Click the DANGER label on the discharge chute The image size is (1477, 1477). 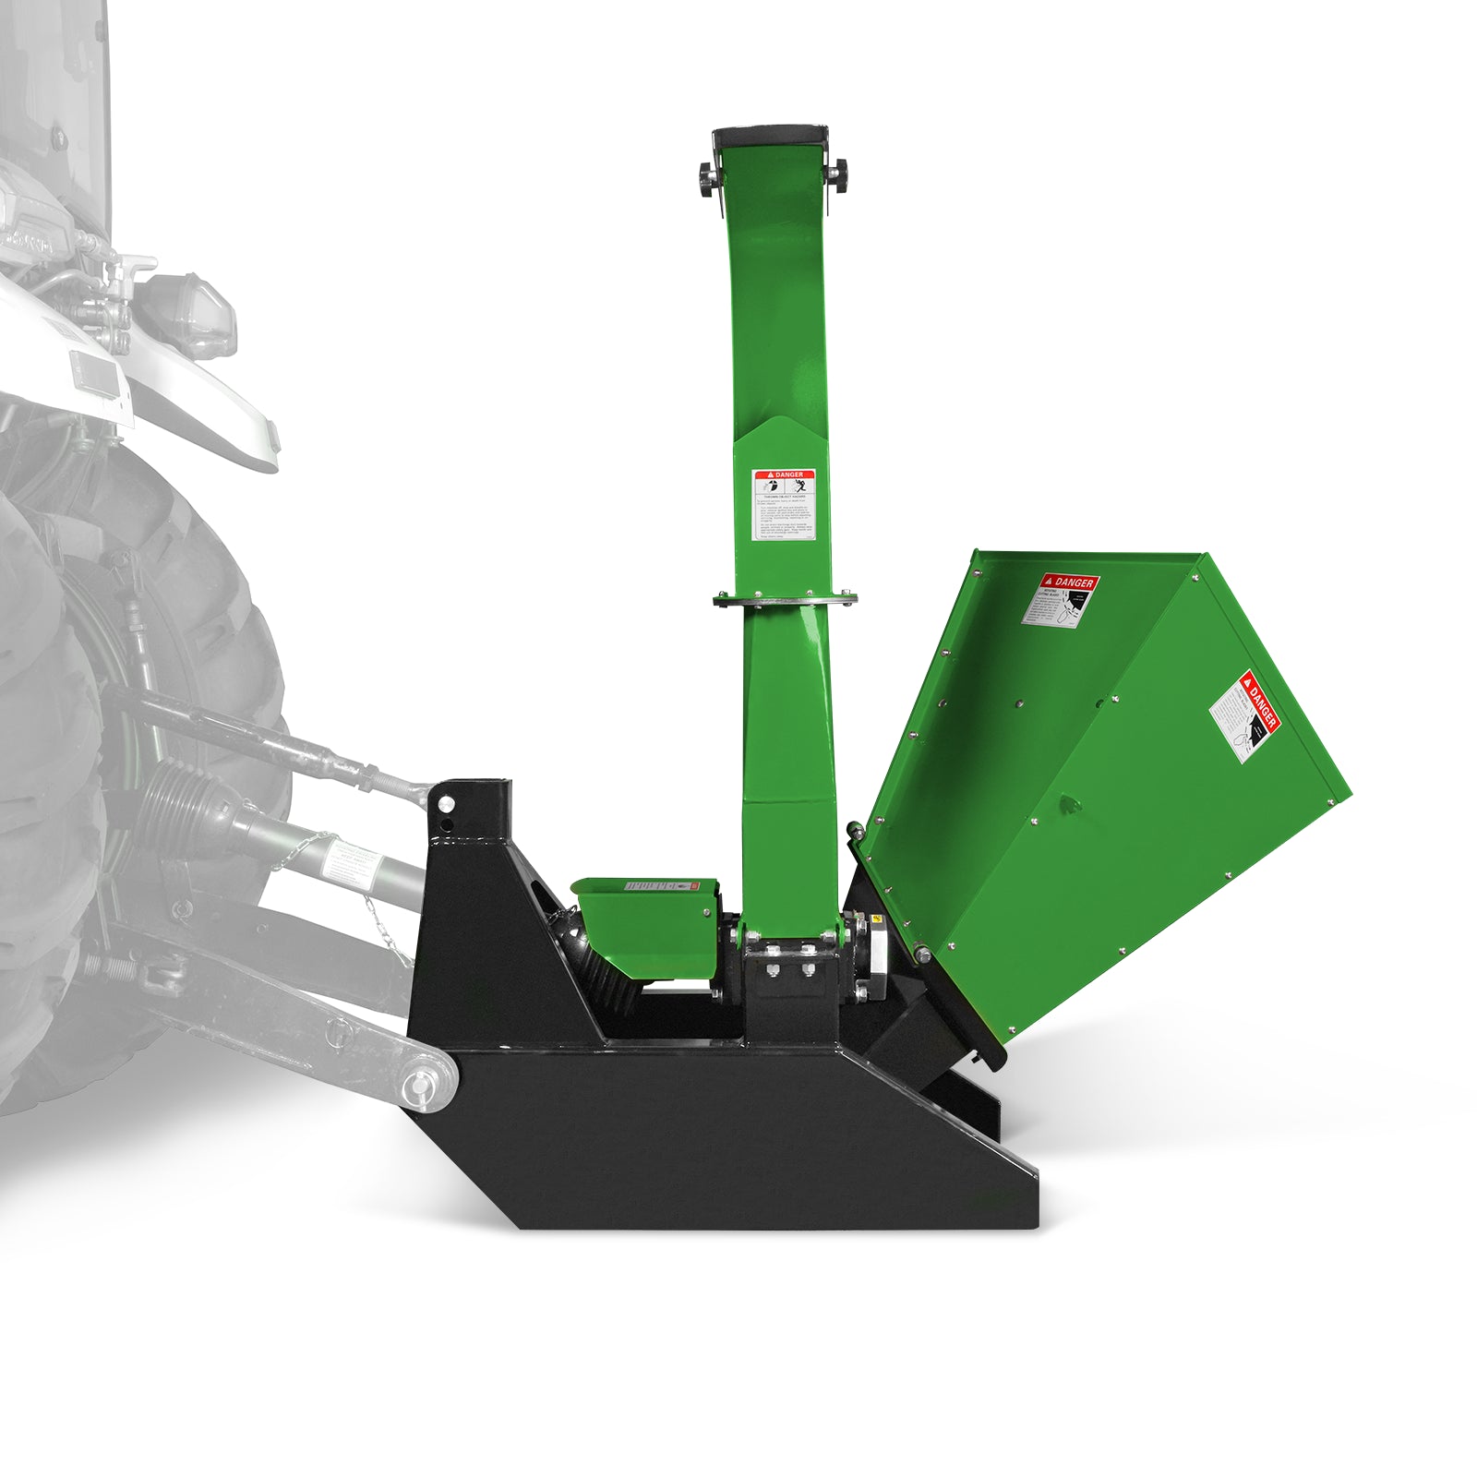[784, 505]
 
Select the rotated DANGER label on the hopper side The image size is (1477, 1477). [1245, 716]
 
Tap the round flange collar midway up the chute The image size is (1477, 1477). [785, 600]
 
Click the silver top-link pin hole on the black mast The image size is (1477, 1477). [446, 803]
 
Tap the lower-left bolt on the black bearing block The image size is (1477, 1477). [772, 969]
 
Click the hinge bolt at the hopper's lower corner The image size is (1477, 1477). [920, 953]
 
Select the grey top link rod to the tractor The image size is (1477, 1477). [277, 738]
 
